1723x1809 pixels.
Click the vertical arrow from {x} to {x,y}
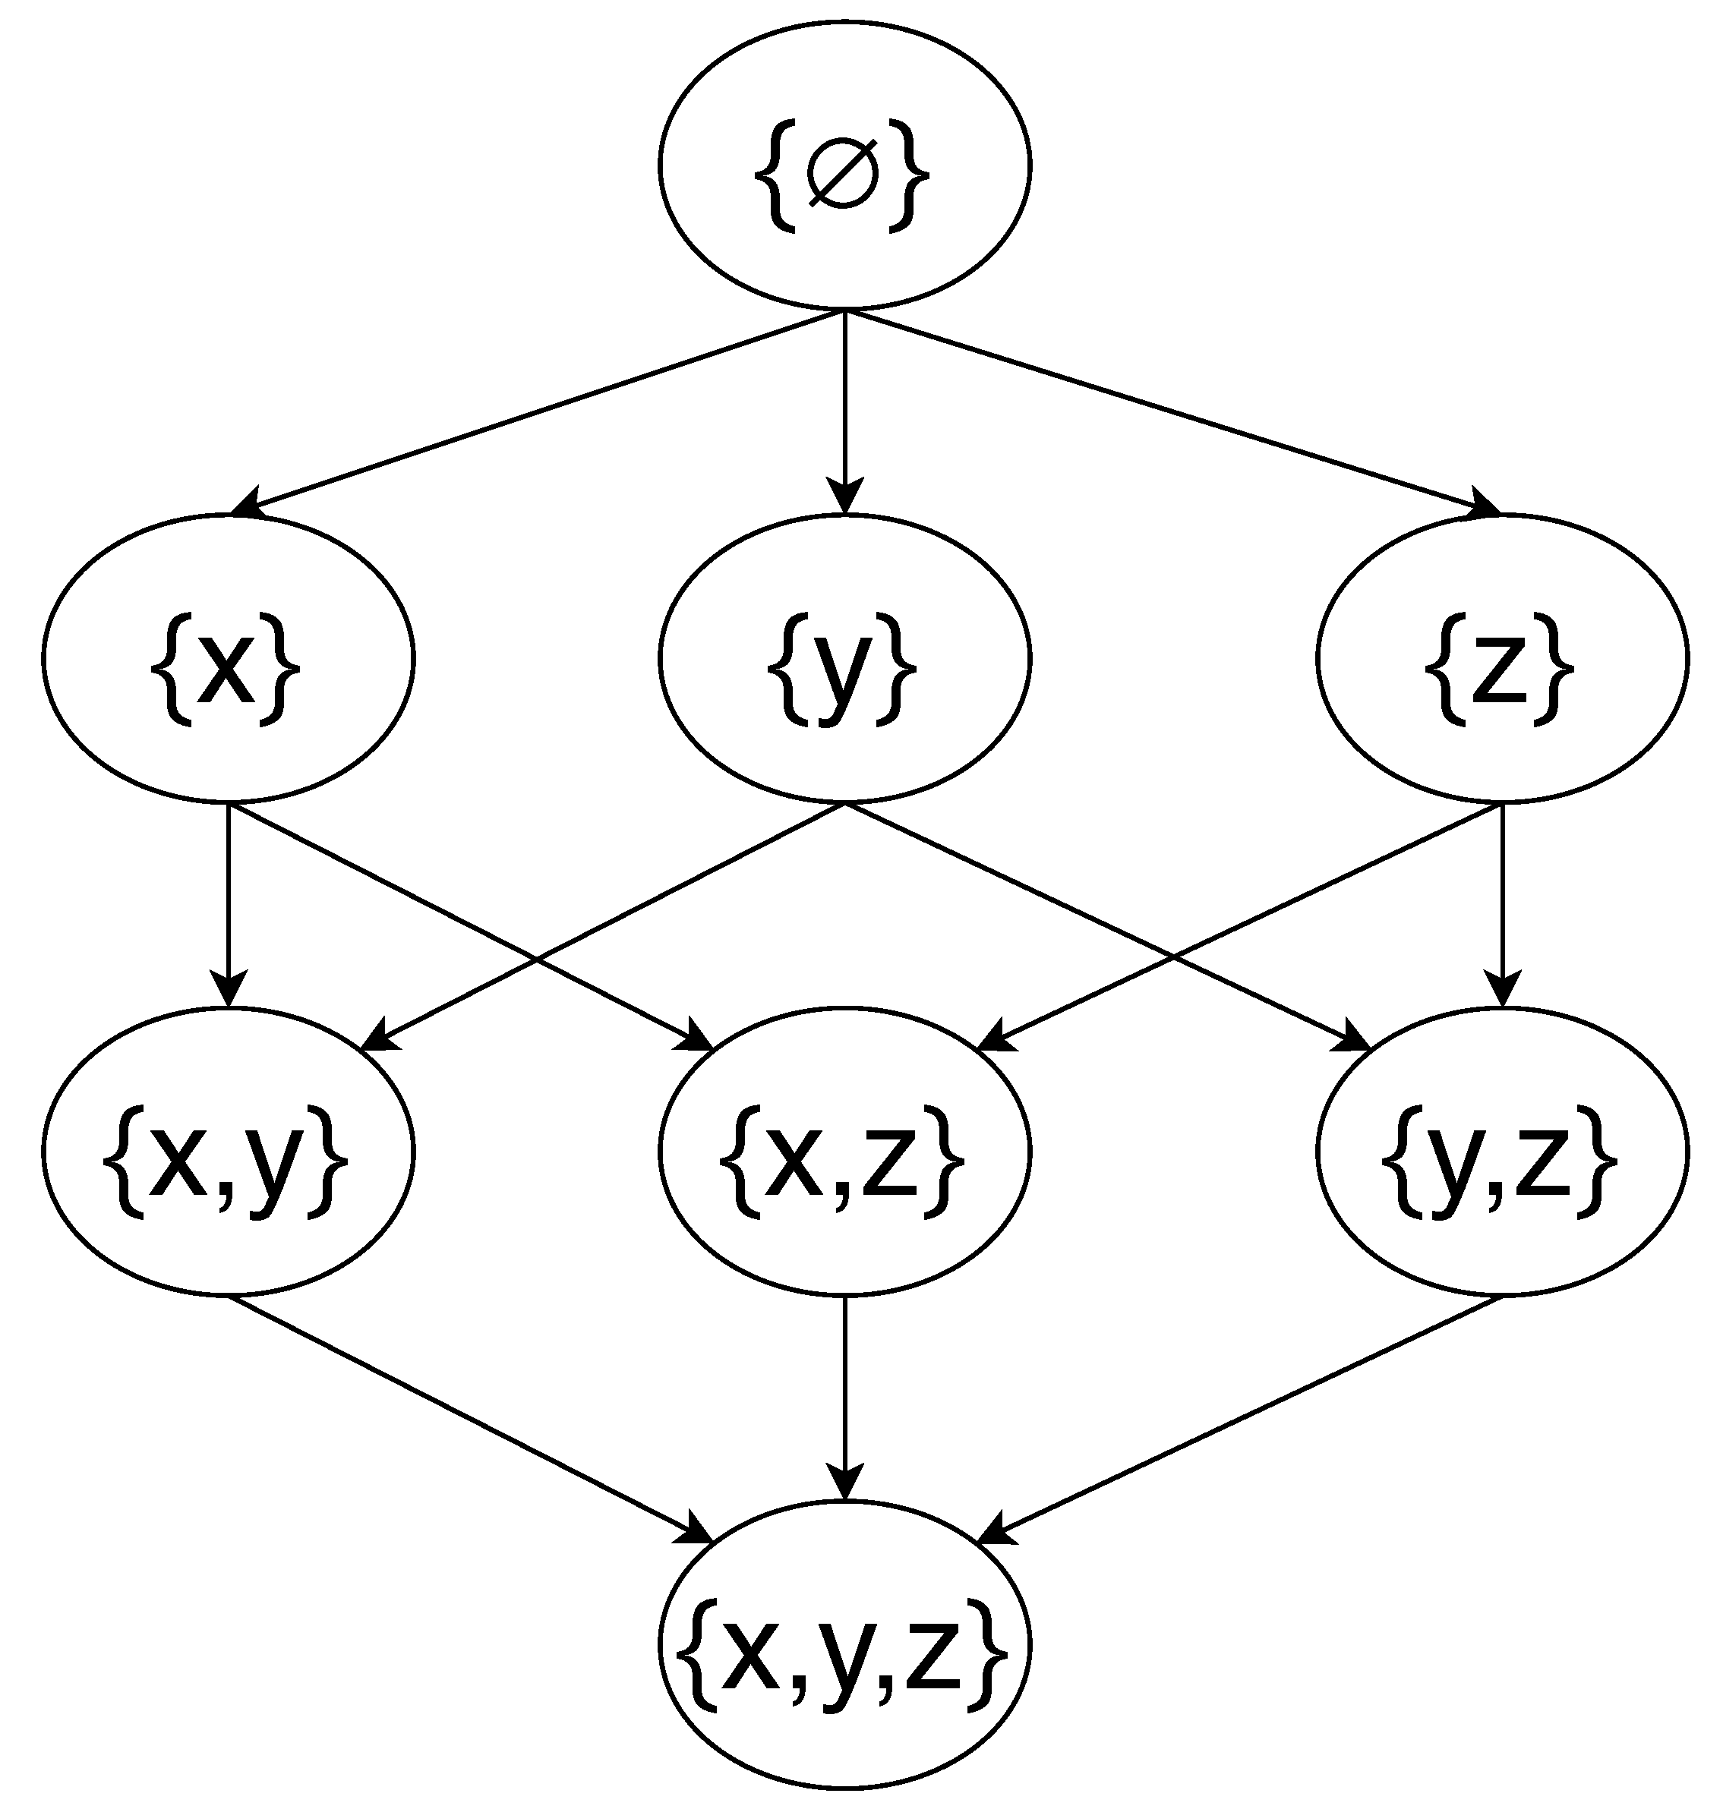228,900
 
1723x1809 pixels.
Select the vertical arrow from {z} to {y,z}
1503,900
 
